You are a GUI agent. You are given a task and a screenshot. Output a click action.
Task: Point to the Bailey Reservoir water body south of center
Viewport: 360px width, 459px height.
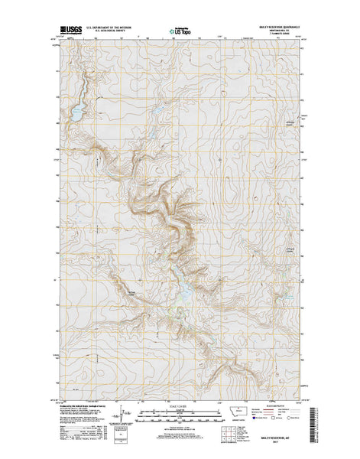pyautogui.click(x=186, y=290)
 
